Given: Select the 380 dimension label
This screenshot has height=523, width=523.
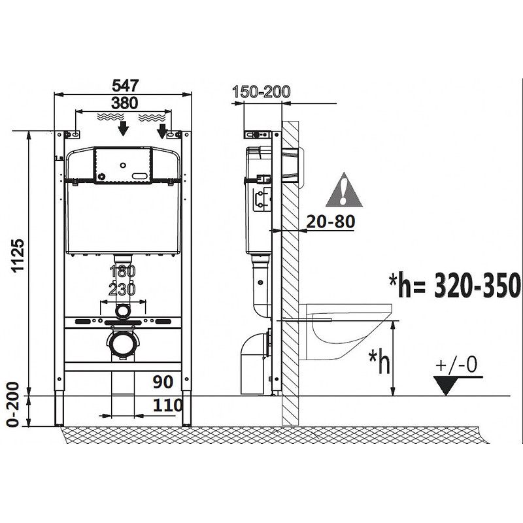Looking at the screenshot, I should click(x=124, y=103).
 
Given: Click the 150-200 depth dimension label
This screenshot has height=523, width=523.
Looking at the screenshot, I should click(x=261, y=92).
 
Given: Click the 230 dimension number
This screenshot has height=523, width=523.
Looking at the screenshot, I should click(x=122, y=289).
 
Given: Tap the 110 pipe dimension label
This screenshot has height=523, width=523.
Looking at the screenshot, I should click(x=168, y=405).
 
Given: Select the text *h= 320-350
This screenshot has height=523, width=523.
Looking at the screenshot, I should click(x=454, y=285).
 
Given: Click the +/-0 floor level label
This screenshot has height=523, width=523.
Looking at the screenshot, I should click(x=458, y=366).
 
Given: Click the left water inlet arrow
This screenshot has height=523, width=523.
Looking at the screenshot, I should click(x=122, y=128).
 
